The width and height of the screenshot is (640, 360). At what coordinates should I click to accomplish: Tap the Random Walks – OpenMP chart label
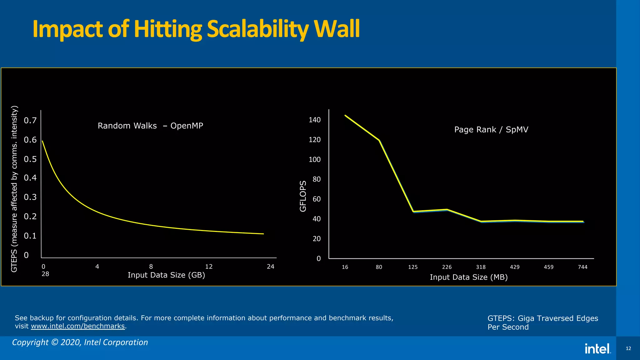[x=150, y=126]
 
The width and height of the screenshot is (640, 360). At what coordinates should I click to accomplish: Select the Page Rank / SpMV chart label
[x=491, y=130]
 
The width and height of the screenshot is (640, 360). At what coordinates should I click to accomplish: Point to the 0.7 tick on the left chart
[x=30, y=121]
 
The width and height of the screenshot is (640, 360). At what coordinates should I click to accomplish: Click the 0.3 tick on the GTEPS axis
[x=30, y=197]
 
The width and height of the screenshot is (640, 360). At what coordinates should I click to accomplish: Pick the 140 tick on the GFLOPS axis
[x=315, y=120]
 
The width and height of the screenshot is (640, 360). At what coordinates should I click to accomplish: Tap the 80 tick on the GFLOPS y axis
[x=317, y=179]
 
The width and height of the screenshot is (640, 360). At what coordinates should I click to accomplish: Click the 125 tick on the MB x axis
[x=413, y=267]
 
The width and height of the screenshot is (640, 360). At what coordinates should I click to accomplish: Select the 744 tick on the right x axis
[x=582, y=267]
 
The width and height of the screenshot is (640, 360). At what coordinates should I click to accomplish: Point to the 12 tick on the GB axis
[x=209, y=267]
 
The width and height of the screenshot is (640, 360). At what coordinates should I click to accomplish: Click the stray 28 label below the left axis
[x=45, y=274]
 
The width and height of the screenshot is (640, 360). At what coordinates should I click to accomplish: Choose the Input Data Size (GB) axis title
[x=166, y=275]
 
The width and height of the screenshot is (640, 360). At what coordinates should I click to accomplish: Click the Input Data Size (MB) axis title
[x=468, y=277]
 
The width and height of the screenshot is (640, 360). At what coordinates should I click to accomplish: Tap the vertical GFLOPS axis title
[x=303, y=196]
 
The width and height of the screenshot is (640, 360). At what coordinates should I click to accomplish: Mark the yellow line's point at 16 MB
[x=345, y=115]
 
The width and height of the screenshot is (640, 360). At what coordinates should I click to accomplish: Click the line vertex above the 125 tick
[x=413, y=212]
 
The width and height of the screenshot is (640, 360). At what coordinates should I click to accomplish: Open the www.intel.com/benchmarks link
[x=78, y=326]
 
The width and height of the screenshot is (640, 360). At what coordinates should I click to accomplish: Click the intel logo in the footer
[x=597, y=349]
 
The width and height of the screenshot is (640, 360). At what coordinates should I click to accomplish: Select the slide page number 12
[x=628, y=348]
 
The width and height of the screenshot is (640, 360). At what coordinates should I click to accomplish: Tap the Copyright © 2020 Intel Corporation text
[x=80, y=342]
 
